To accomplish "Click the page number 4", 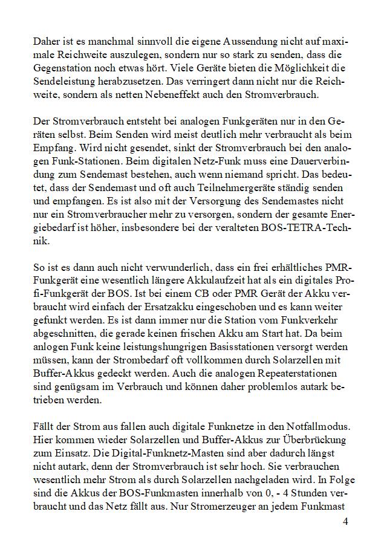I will [344, 521].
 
